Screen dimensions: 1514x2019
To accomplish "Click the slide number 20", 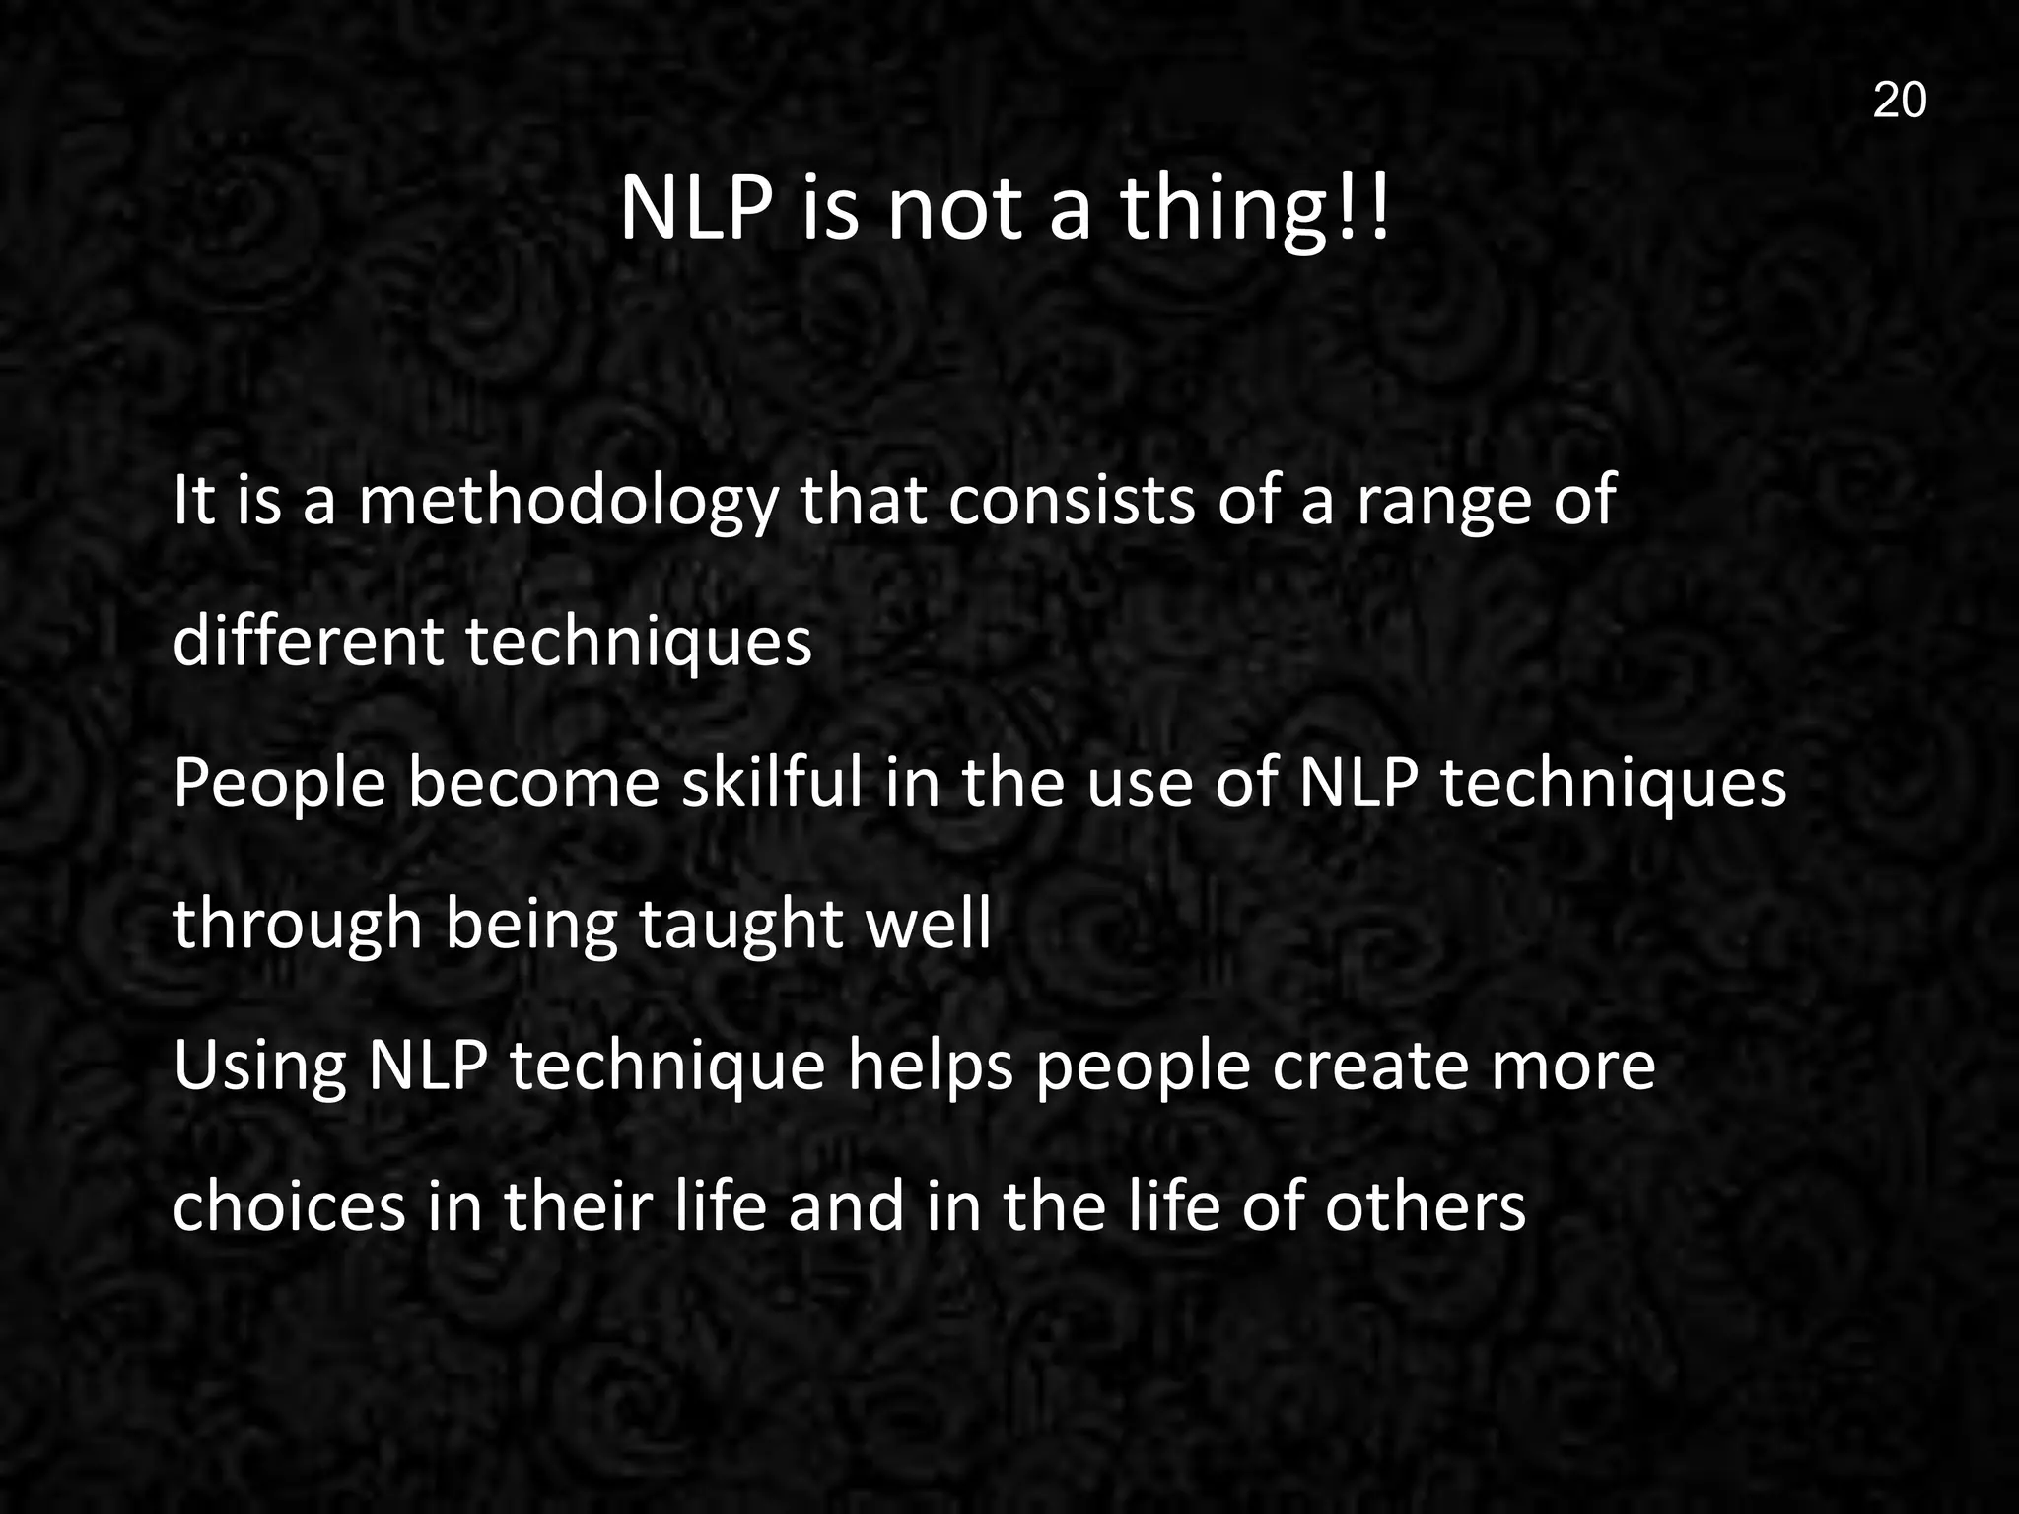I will pos(1899,101).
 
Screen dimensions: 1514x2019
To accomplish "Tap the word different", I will pos(308,641).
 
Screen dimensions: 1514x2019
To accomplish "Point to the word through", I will pos(298,927).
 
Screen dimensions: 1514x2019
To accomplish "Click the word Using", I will pos(259,1068).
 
